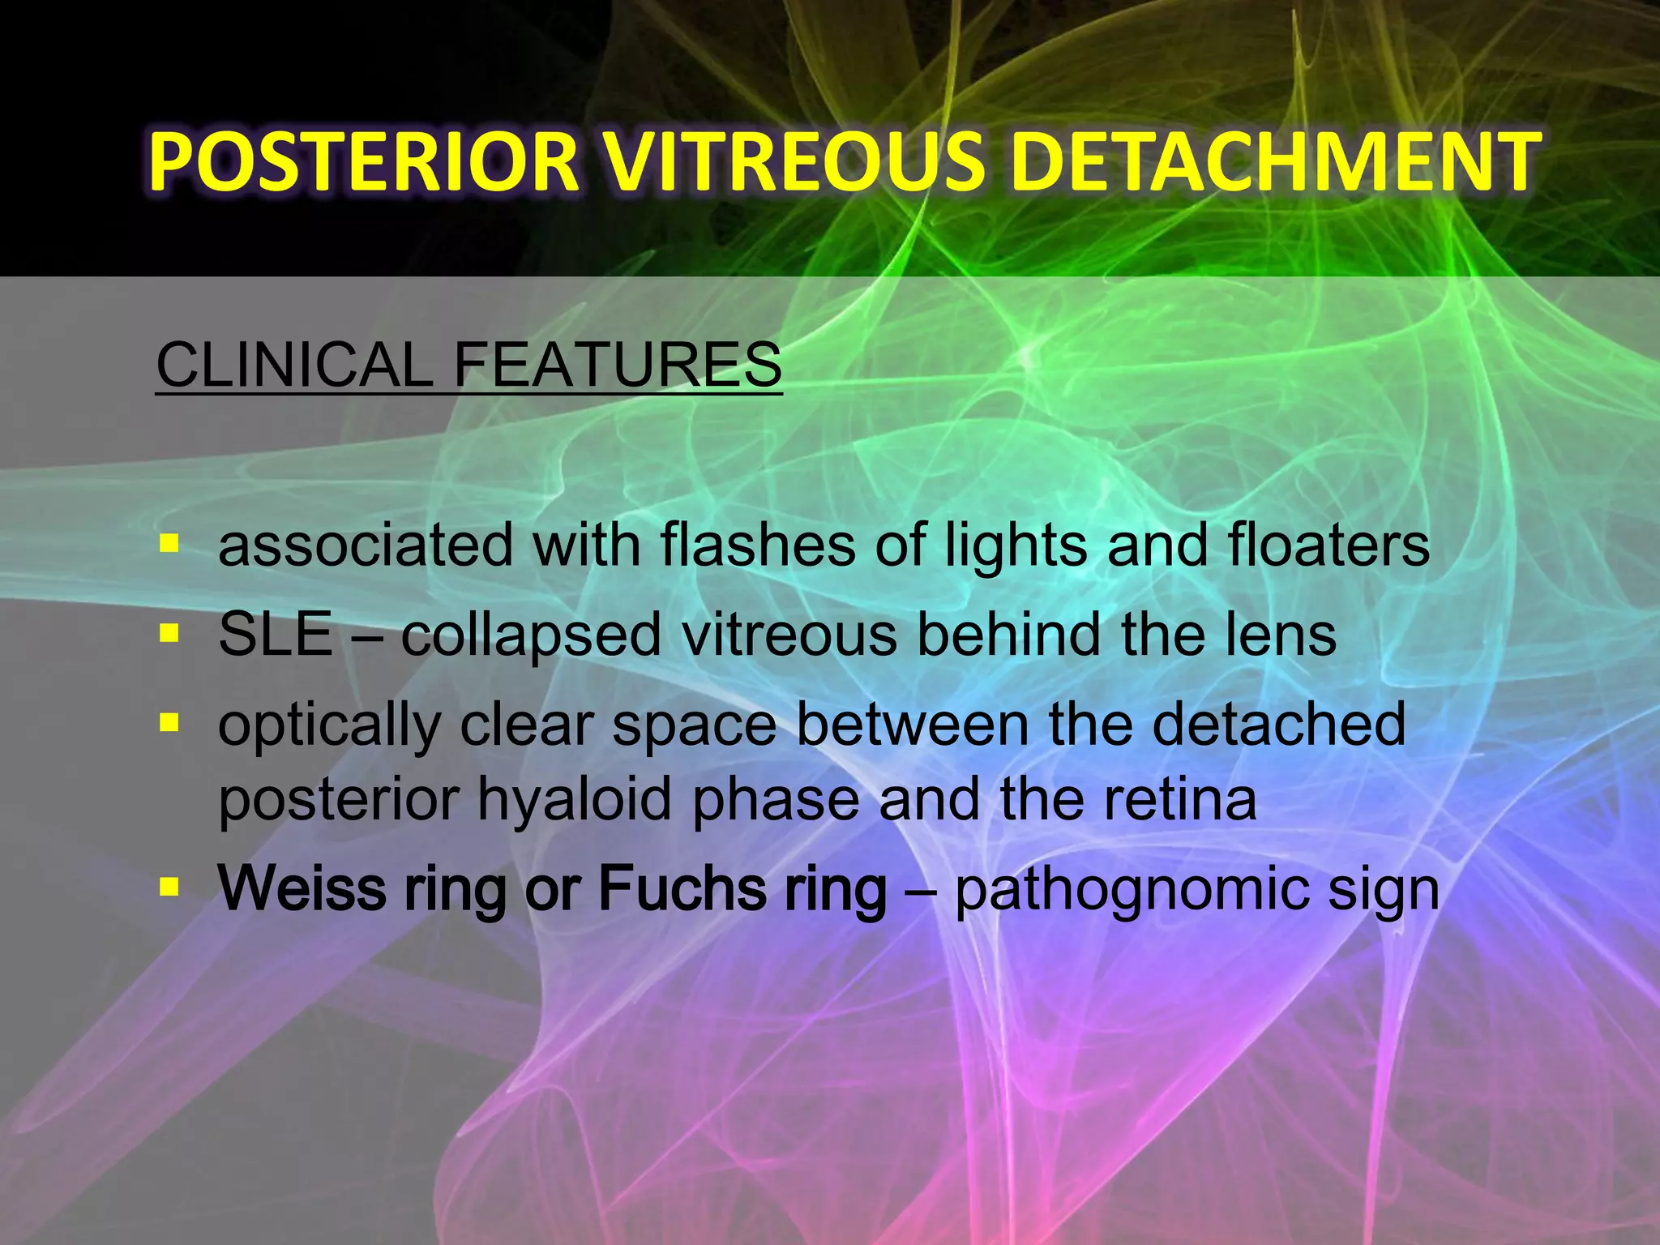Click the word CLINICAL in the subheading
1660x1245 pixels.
[x=294, y=365]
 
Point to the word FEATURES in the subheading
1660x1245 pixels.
[x=617, y=365]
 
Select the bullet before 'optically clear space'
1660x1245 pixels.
[x=169, y=721]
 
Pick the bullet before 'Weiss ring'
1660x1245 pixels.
[x=169, y=888]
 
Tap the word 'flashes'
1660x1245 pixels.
[x=758, y=545]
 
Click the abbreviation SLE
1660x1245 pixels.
[x=276, y=635]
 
